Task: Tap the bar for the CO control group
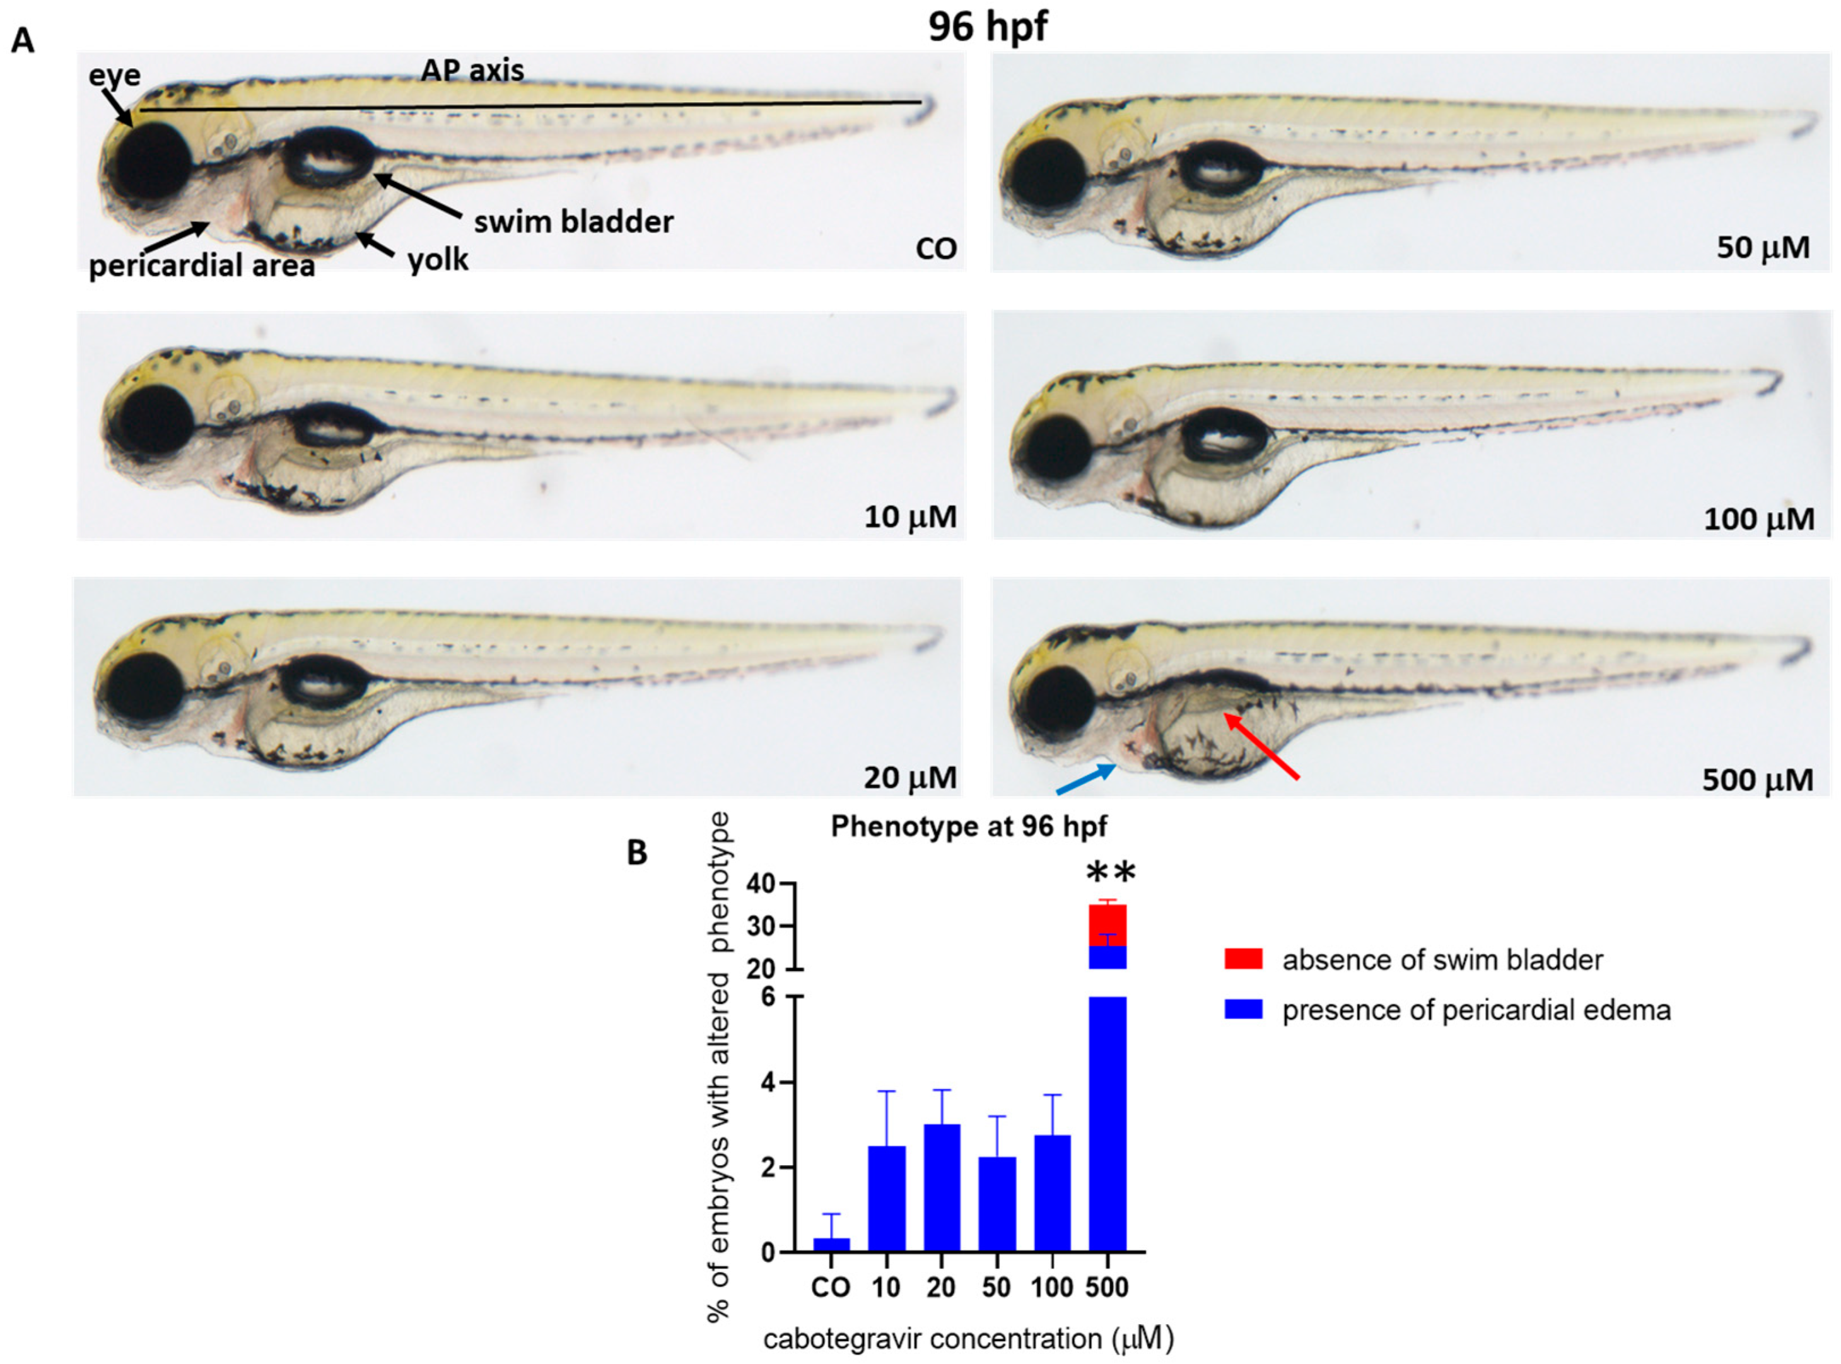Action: [831, 1245]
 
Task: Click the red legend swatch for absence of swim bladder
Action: [1243, 959]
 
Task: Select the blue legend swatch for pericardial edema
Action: [1243, 1009]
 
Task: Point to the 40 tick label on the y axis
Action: [761, 884]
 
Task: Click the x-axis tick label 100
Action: [1052, 1287]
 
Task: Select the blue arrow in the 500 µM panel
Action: [1085, 779]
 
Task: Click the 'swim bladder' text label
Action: [573, 221]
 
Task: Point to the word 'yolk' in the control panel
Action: [438, 259]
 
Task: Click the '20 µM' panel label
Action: [909, 777]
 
